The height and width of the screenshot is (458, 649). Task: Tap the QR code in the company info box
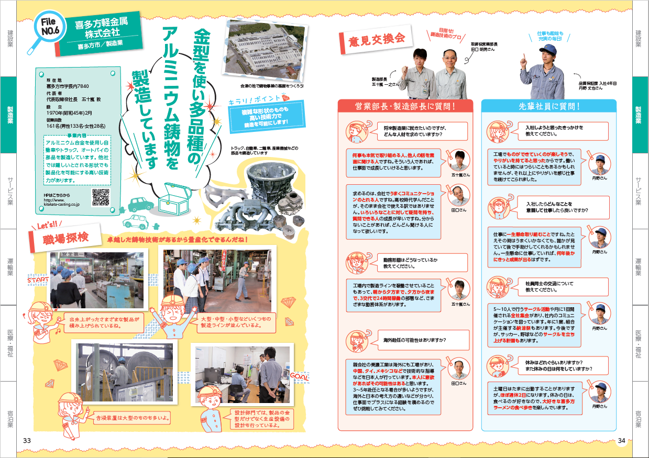pos(101,197)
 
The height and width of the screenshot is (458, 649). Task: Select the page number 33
pos(27,440)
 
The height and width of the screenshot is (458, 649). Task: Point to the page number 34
pos(621,440)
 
